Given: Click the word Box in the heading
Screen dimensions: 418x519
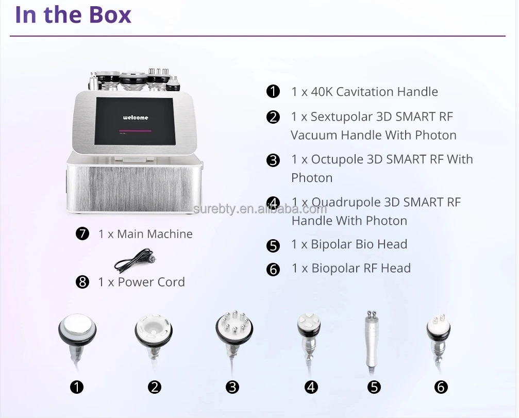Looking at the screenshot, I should coord(109,14).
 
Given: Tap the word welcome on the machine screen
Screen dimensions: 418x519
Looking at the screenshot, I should coord(136,118).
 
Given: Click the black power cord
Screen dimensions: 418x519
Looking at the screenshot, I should coord(134,260).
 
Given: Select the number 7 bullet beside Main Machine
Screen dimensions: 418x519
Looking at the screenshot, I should coord(82,233).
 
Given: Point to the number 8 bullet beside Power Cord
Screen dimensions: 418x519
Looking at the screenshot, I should coord(82,282).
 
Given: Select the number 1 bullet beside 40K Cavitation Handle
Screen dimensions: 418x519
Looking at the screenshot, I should coord(273,92).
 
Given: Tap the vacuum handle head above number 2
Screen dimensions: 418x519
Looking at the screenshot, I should coord(154,330).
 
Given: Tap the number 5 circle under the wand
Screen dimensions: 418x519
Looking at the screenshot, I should coord(375,387).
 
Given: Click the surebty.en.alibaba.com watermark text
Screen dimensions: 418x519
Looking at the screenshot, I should coord(260,209).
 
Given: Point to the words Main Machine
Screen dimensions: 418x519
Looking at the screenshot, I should coord(155,233).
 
